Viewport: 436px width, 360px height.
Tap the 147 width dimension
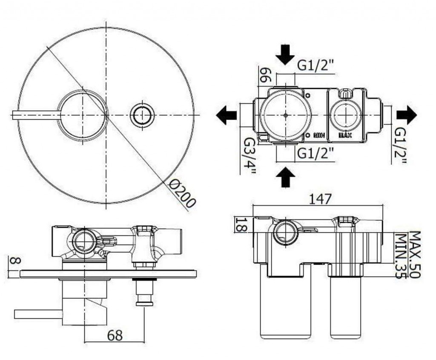[x=320, y=198]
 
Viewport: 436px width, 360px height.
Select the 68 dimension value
[x=114, y=335]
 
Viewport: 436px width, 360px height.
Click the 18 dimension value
[x=241, y=224]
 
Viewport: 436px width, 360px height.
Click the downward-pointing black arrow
[x=285, y=54]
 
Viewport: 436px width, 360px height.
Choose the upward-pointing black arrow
[x=285, y=177]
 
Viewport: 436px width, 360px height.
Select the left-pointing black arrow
[x=227, y=115]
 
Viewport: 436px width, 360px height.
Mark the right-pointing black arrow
[x=406, y=115]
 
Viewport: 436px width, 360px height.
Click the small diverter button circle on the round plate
[x=142, y=115]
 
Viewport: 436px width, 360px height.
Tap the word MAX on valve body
[x=345, y=135]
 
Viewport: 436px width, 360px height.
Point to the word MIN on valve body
[x=319, y=135]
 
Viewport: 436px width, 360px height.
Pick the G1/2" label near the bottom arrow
[x=316, y=153]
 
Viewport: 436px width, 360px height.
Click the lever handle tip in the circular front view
[x=15, y=115]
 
